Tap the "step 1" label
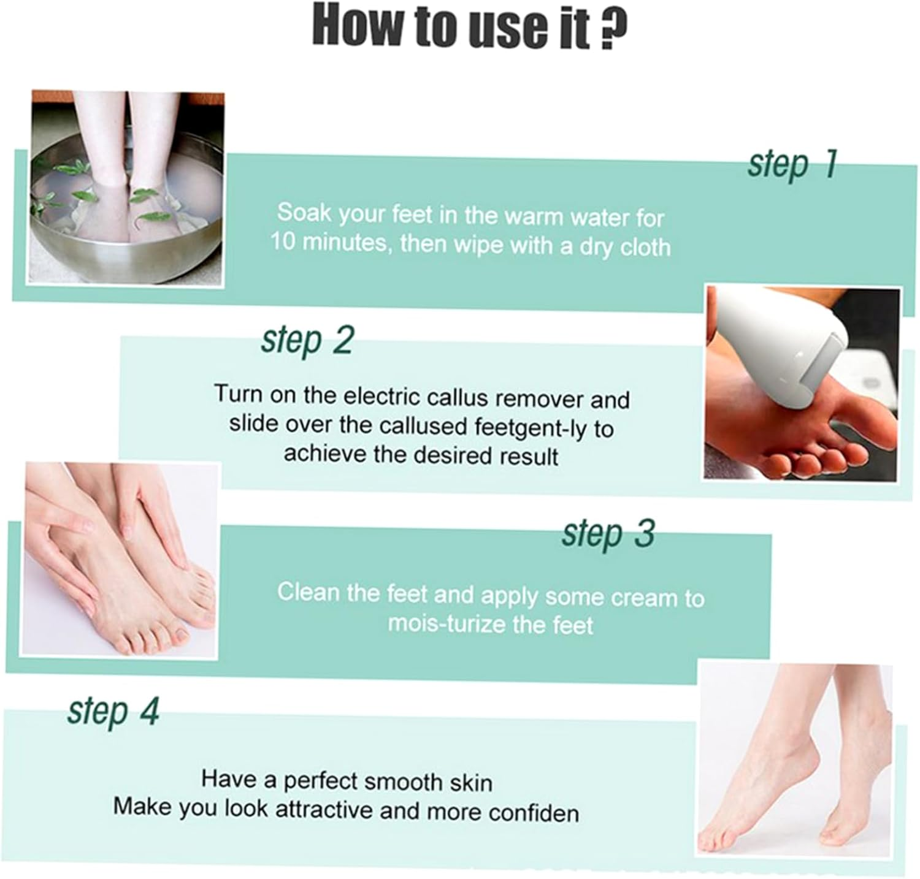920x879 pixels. pyautogui.click(x=792, y=164)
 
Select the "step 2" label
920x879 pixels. pyautogui.click(x=307, y=340)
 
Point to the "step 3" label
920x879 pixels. pyautogui.click(x=608, y=533)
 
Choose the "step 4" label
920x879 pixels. pyautogui.click(x=113, y=711)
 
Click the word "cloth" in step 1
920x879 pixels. pyautogui.click(x=645, y=247)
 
